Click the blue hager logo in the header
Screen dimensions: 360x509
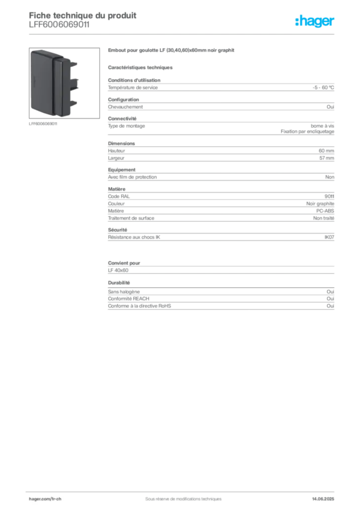click(316, 22)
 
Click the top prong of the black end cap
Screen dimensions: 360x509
click(74, 64)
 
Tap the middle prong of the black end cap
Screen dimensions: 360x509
click(74, 84)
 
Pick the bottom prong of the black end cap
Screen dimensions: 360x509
click(74, 103)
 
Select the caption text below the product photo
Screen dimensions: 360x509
click(44, 123)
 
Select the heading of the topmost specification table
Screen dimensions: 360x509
click(134, 79)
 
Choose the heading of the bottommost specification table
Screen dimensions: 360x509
click(117, 282)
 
